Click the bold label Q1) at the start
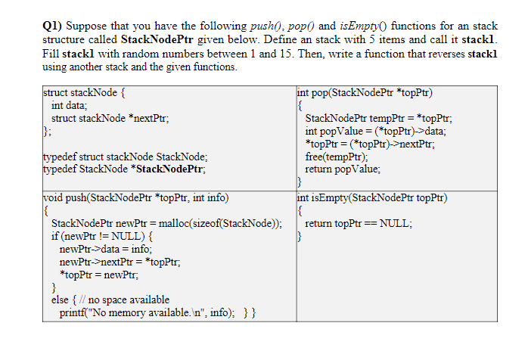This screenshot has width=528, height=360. tap(52, 25)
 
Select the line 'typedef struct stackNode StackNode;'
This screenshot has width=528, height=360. tap(126, 157)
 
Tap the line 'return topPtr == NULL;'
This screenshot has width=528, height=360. tap(359, 224)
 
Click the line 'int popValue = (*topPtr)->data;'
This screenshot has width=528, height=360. tap(375, 132)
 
